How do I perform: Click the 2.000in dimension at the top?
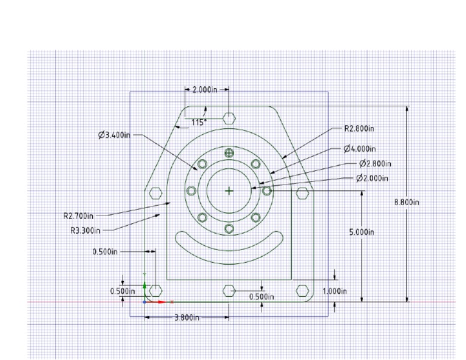pyautogui.click(x=205, y=89)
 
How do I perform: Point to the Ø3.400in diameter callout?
pyautogui.click(x=114, y=135)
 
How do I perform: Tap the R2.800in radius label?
pyautogui.click(x=359, y=129)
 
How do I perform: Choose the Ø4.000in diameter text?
pyautogui.click(x=360, y=149)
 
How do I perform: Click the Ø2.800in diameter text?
pyautogui.click(x=374, y=163)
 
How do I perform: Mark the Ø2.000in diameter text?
pyautogui.click(x=372, y=178)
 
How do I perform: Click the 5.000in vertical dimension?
pyautogui.click(x=362, y=233)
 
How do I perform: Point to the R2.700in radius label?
pyautogui.click(x=78, y=215)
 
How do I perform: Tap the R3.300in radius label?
pyautogui.click(x=85, y=230)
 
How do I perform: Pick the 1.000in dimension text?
pyautogui.click(x=334, y=291)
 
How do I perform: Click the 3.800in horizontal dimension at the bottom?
pyautogui.click(x=187, y=317)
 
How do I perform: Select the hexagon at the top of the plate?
pyautogui.click(x=229, y=118)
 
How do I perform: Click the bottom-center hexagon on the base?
pyautogui.click(x=229, y=290)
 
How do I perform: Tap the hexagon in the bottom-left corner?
pyautogui.click(x=156, y=290)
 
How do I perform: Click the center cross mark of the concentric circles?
pyautogui.click(x=229, y=191)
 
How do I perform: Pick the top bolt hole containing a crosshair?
pyautogui.click(x=229, y=153)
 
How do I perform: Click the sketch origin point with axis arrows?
pyautogui.click(x=144, y=301)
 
